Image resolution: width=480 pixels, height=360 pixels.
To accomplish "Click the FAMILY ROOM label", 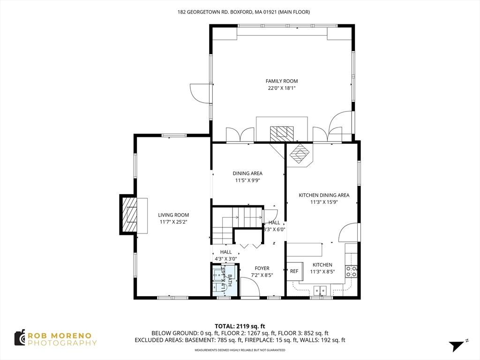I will (282, 81).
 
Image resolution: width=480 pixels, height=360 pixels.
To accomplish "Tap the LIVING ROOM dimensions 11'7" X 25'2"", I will (173, 222).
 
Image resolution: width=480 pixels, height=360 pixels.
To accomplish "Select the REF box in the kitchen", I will (294, 271).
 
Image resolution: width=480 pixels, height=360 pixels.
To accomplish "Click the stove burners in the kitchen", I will (351, 270).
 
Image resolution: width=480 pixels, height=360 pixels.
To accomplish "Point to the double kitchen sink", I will (321, 290).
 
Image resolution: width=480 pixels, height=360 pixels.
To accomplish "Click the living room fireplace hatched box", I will (129, 215).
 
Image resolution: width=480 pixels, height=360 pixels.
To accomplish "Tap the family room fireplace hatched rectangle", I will (282, 133).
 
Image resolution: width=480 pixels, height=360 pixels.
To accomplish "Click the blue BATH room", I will (224, 280).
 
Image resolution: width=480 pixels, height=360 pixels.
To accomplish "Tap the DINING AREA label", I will (247, 173).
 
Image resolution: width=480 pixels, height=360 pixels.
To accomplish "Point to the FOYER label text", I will (262, 269).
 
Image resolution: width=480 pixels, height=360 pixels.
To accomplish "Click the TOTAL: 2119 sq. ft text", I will (240, 326).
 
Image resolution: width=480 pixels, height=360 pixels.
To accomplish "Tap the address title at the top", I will (243, 12).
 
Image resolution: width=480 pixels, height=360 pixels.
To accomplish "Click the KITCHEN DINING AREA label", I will (324, 195).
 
